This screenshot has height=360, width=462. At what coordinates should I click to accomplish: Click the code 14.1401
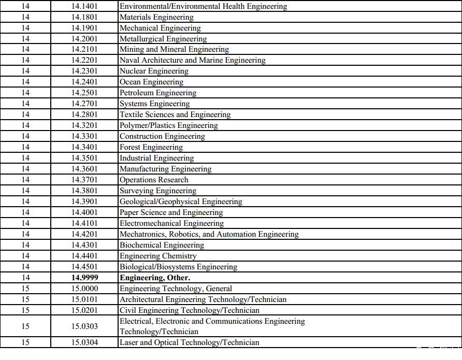coord(85,7)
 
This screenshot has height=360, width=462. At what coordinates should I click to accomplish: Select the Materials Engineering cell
coord(156,18)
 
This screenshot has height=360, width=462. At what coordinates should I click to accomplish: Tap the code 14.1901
coord(85,28)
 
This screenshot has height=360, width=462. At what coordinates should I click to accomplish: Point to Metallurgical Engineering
coord(163,39)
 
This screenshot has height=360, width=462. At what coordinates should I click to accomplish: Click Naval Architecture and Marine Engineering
coord(192,60)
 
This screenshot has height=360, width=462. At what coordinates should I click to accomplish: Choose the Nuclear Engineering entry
coord(154,71)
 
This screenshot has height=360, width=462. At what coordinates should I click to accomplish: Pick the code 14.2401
coord(85,82)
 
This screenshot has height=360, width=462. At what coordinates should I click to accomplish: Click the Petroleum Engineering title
coord(158,93)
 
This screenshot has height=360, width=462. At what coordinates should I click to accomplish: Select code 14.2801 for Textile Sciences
coord(85,114)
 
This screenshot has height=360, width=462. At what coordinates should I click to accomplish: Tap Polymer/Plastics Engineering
coord(168,125)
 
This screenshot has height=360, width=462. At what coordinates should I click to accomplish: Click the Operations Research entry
coord(154,180)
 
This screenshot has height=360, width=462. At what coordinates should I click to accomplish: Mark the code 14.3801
coord(85,191)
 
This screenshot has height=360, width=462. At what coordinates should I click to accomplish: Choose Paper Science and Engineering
coord(171,212)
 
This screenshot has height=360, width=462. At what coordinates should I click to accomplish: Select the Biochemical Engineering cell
coord(162,245)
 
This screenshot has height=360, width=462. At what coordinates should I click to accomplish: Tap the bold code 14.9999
coord(85,278)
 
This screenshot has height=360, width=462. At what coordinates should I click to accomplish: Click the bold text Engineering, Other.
coord(155,278)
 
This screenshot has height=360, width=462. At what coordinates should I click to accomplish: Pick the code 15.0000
coord(85,289)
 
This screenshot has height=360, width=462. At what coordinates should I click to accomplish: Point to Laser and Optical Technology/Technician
coord(189,342)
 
